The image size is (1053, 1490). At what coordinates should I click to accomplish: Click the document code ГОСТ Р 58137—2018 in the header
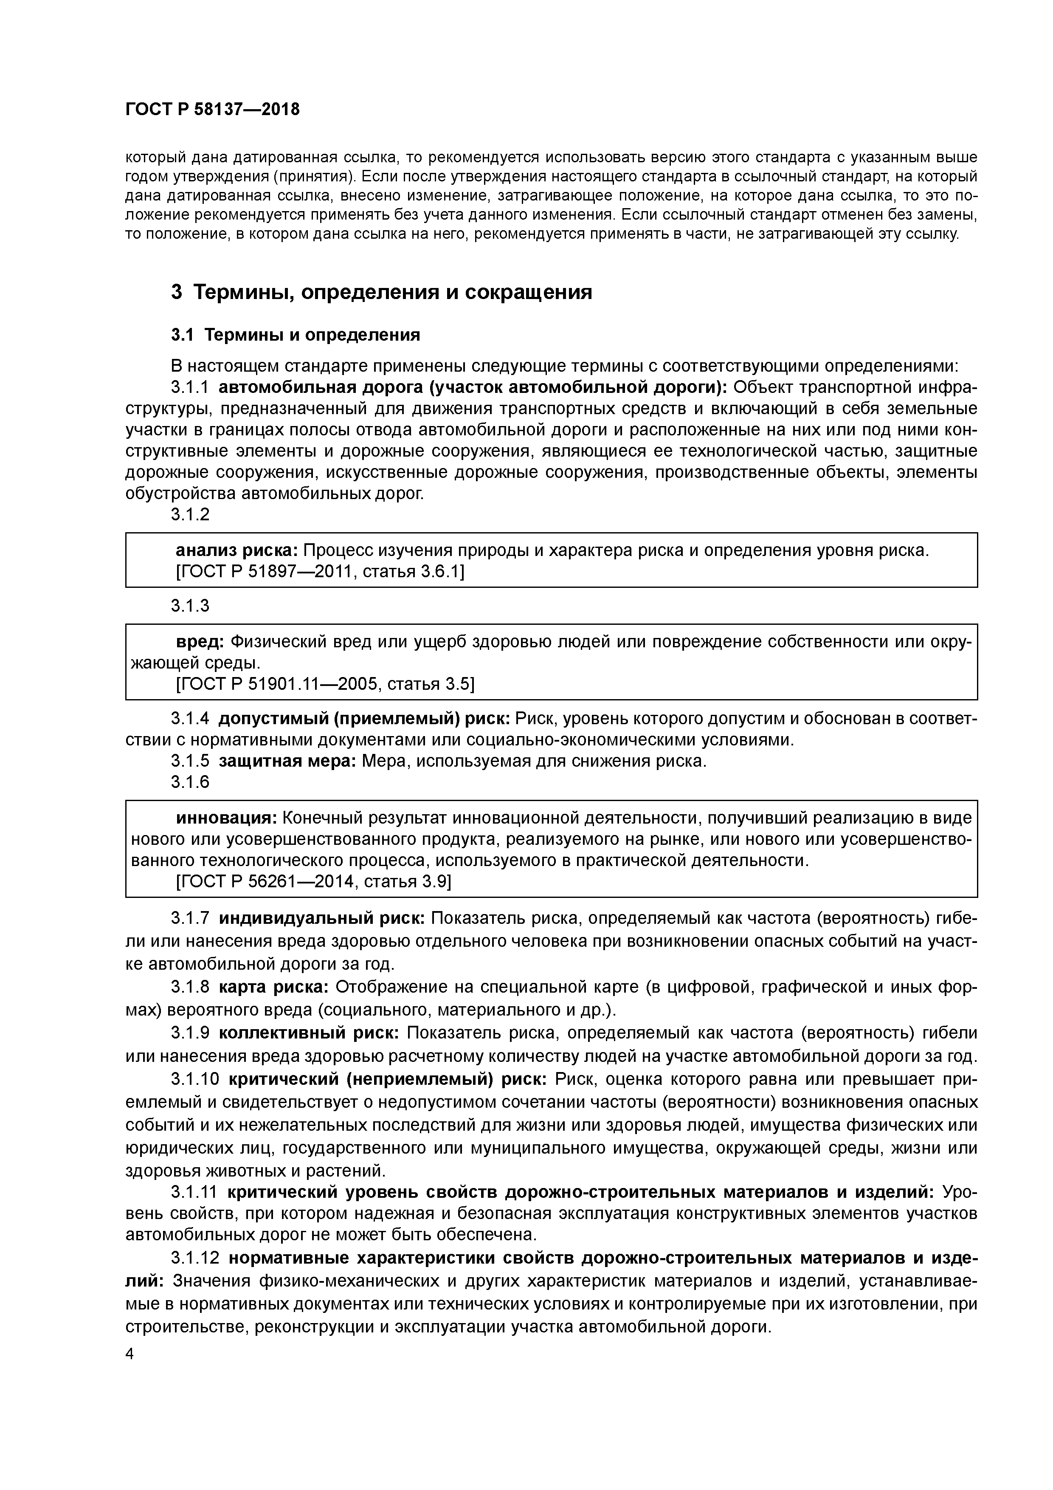[x=212, y=110]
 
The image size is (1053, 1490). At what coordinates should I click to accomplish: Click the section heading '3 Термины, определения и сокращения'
[x=381, y=293]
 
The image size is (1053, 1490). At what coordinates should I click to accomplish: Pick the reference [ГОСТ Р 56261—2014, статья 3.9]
[x=314, y=881]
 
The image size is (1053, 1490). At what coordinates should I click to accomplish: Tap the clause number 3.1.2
[x=190, y=515]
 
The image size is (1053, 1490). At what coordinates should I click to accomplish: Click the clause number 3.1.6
[x=190, y=782]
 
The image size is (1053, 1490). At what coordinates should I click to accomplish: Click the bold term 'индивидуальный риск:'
[x=321, y=918]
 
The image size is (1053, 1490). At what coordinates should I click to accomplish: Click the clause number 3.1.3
[x=190, y=606]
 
